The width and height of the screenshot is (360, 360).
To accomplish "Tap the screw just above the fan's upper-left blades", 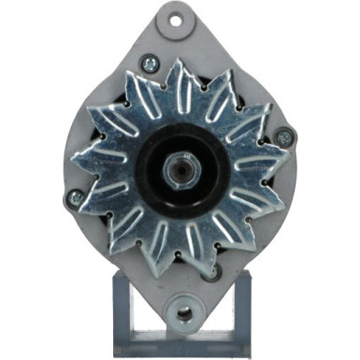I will pos(147,65).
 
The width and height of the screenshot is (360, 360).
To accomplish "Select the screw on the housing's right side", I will pos(284,137).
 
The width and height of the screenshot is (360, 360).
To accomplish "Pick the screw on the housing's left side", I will pos(75,198).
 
